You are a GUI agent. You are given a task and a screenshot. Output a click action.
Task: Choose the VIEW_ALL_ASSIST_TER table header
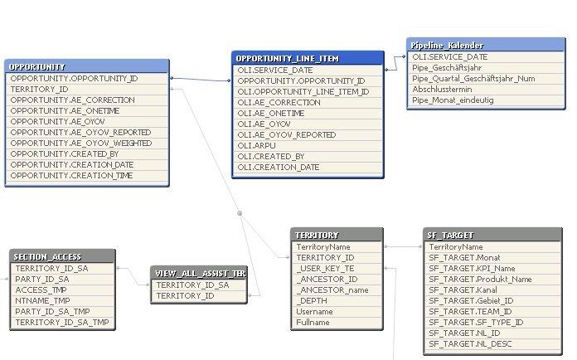point(199,274)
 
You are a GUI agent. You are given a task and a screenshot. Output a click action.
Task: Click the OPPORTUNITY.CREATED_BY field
point(65,154)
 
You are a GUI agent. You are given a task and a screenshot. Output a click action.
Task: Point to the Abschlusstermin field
point(442,90)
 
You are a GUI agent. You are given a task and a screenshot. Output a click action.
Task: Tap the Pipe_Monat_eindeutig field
point(453,100)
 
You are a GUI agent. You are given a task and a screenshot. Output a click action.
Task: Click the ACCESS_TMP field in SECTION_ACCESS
point(41,290)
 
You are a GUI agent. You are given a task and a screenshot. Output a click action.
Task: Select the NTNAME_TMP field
point(42,301)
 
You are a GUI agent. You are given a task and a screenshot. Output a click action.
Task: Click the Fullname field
point(313,323)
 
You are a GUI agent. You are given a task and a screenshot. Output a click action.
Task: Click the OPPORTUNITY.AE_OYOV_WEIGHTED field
point(81,144)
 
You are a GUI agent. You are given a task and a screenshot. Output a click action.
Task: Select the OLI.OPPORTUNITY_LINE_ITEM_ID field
point(303,91)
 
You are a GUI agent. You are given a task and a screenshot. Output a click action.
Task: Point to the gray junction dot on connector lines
point(240,213)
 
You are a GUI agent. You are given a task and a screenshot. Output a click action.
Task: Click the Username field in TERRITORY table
point(315,312)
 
